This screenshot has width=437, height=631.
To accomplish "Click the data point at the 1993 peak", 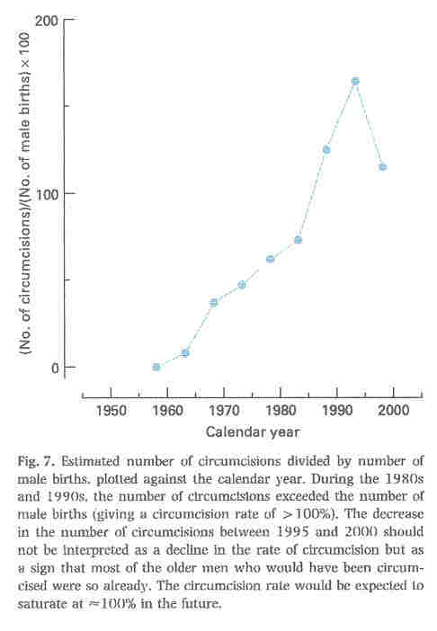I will (x=355, y=81).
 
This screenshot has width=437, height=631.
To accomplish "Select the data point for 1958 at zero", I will (x=156, y=367).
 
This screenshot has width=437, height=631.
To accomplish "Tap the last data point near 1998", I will (x=383, y=167).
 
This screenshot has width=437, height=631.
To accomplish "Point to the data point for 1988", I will (x=326, y=149).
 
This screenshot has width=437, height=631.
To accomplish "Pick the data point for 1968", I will (x=214, y=302).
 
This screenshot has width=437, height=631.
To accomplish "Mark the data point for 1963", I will (x=185, y=353).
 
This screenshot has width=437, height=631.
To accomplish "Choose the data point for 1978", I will (x=270, y=259).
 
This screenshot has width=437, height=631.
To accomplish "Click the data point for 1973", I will (x=242, y=285).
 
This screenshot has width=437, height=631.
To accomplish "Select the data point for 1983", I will (x=298, y=240).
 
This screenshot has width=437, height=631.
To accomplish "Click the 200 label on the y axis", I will (x=47, y=20).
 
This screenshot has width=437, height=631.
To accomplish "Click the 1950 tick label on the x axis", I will (x=111, y=412).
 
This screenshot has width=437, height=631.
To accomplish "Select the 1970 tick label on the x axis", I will (x=224, y=412).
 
